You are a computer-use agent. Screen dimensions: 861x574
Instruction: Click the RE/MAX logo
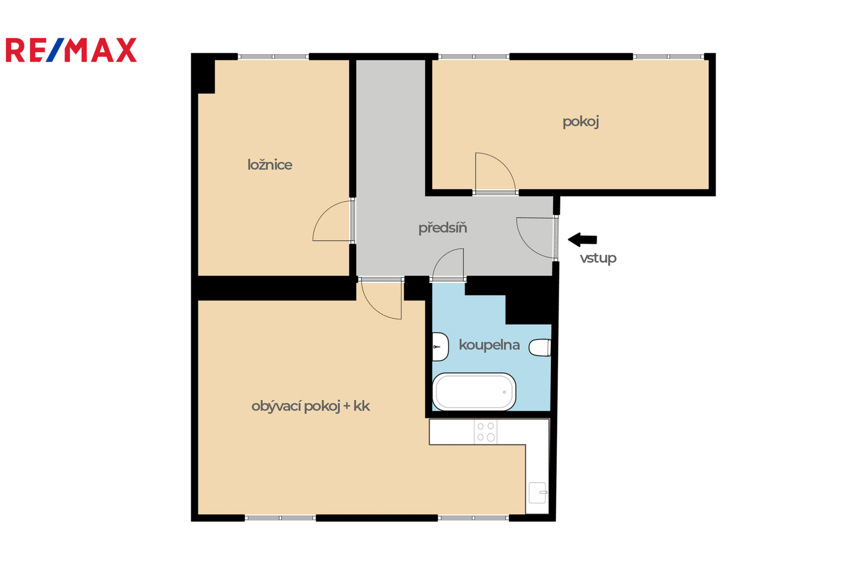[71, 50]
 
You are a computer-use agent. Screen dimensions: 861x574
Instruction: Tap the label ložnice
[270, 165]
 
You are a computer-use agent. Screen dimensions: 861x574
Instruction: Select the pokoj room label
[581, 122]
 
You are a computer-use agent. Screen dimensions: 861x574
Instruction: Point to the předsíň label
[443, 228]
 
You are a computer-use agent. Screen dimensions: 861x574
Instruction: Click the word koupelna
[489, 345]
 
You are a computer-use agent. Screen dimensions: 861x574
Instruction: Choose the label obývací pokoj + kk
[310, 406]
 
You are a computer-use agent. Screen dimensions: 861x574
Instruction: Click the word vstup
[598, 258]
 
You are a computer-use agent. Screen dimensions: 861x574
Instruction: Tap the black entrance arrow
[582, 240]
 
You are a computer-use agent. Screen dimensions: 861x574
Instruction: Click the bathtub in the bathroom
[474, 391]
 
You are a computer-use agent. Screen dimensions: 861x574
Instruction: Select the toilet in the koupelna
[540, 348]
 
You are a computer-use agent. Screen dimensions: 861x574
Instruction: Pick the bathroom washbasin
[440, 347]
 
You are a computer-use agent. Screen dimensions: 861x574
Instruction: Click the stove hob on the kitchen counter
[485, 432]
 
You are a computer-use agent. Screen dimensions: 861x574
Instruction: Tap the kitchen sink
[538, 493]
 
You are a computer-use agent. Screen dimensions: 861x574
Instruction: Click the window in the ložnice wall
[273, 57]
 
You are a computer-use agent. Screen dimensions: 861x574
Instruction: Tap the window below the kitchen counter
[473, 518]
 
